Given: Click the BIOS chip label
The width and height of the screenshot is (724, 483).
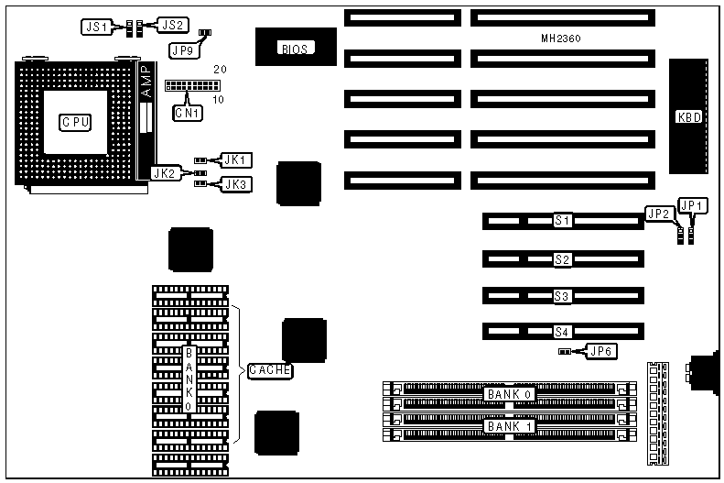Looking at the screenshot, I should tap(295, 49).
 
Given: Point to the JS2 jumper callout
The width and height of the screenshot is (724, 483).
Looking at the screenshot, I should tap(173, 26).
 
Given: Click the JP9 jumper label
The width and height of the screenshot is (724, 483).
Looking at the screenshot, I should tap(183, 51).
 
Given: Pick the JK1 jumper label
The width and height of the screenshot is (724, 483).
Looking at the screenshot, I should tap(235, 159).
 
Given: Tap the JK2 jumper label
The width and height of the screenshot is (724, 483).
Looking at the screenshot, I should tap(164, 171).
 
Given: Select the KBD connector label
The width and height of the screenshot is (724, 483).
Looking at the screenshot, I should tap(688, 116).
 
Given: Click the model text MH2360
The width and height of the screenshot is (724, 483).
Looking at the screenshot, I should tap(562, 39).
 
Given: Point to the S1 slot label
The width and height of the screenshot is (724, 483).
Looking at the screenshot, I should tap(563, 220).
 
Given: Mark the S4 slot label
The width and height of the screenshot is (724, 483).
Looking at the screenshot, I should tap(563, 332).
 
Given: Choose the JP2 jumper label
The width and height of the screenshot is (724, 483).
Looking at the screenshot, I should tap(659, 214).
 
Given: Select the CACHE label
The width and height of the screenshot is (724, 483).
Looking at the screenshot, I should tap(270, 370).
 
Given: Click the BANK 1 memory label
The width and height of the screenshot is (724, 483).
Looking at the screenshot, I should tap(510, 426).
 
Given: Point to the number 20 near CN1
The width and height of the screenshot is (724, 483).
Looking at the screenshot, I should tap(220, 70).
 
